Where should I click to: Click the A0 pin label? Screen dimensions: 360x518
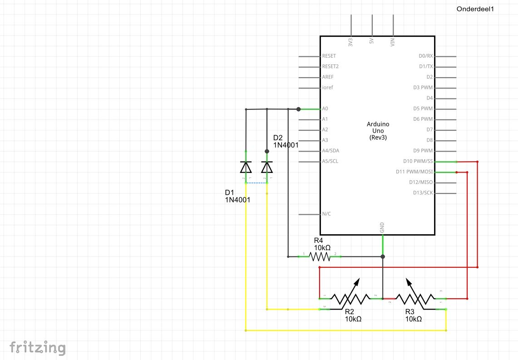[x=325, y=109]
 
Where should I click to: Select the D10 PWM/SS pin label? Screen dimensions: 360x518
[x=418, y=161]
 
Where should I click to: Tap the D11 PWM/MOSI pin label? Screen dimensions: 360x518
[x=414, y=172]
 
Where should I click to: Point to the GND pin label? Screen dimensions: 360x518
[x=382, y=227]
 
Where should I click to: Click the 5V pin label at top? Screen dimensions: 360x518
[x=372, y=43]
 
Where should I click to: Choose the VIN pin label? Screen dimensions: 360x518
[x=393, y=43]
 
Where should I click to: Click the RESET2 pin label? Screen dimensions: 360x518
[x=331, y=66]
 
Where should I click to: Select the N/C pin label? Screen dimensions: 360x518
[x=326, y=214]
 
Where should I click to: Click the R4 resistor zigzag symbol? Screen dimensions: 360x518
[x=320, y=257]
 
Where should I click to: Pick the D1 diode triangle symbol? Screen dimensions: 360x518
[x=246, y=168]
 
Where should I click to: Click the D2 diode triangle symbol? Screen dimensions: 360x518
[x=267, y=168]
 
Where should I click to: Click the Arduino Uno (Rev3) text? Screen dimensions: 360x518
[x=378, y=131]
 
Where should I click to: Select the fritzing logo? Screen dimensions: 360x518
[x=38, y=348]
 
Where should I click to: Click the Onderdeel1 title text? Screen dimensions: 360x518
[x=475, y=9]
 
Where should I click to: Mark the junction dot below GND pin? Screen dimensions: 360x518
[x=383, y=257]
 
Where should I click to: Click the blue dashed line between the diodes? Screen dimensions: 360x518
[x=257, y=183]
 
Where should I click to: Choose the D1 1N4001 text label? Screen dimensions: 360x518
[x=238, y=196]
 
